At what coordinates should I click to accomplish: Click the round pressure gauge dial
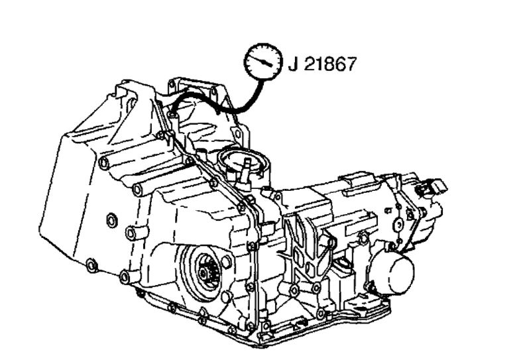tap(263, 62)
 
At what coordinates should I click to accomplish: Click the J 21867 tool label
tap(322, 64)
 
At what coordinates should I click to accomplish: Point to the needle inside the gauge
tap(262, 60)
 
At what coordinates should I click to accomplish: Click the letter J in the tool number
tap(292, 64)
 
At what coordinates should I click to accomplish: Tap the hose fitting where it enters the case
tap(172, 115)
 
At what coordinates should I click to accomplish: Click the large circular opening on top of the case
tap(243, 161)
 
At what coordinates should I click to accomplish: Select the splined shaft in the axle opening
tap(207, 272)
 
